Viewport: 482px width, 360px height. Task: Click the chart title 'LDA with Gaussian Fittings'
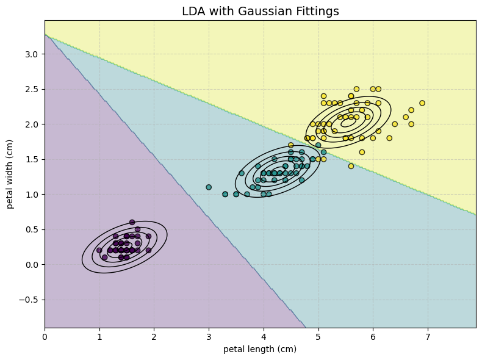[261, 11]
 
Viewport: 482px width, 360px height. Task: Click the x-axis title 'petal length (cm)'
[261, 349]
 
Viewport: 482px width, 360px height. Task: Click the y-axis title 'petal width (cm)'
[10, 174]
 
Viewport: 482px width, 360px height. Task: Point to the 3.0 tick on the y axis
[32, 54]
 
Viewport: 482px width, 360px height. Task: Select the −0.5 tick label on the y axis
[29, 300]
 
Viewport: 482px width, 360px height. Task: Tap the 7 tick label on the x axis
[428, 336]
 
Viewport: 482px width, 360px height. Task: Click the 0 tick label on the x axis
[45, 336]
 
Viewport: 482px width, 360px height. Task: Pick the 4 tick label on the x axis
[264, 336]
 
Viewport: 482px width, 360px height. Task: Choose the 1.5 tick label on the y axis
[32, 159]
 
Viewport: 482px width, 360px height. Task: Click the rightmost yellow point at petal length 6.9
[422, 103]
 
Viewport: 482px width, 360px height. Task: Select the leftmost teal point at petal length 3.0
[209, 187]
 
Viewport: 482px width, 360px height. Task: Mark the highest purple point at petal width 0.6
[132, 222]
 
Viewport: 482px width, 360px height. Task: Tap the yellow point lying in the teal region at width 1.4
[351, 166]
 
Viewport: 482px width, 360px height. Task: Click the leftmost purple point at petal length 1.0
[99, 250]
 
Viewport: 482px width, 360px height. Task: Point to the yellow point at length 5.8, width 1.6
[362, 152]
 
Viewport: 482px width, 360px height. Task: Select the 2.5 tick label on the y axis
[32, 89]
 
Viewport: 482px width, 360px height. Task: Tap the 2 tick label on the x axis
[154, 336]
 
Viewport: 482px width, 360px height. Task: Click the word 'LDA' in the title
[195, 11]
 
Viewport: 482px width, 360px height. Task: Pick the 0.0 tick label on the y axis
[32, 264]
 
